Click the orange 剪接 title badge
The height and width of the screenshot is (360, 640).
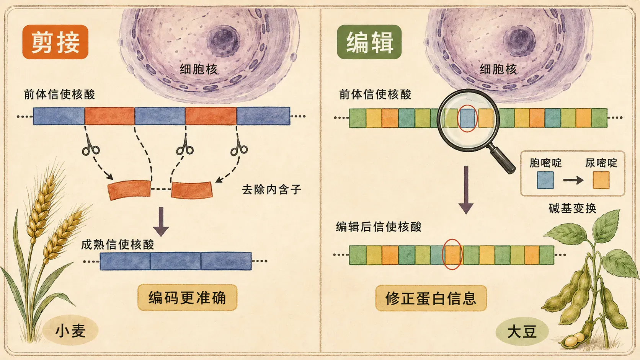tap(56, 42)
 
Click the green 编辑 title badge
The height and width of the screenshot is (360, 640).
tap(369, 42)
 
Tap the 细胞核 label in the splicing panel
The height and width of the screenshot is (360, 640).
tap(199, 69)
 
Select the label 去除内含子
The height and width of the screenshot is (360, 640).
tap(271, 189)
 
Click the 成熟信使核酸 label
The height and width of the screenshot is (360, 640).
tap(118, 244)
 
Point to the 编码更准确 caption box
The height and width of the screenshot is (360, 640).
tap(188, 298)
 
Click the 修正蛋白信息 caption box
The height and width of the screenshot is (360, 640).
tap(431, 298)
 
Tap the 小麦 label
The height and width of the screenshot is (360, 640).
tap(70, 331)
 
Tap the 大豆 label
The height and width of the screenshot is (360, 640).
tap(522, 332)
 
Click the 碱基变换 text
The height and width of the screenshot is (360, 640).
tap(573, 208)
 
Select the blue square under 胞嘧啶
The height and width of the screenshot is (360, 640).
tap(545, 180)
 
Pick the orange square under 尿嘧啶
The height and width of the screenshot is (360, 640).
tap(601, 180)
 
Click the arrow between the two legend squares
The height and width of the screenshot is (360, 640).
tap(573, 180)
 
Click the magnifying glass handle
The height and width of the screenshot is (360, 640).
tap(502, 159)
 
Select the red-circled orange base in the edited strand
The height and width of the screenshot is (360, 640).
tap(452, 255)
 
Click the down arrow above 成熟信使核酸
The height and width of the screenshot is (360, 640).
tap(161, 222)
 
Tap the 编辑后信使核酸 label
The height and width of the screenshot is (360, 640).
tap(379, 227)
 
